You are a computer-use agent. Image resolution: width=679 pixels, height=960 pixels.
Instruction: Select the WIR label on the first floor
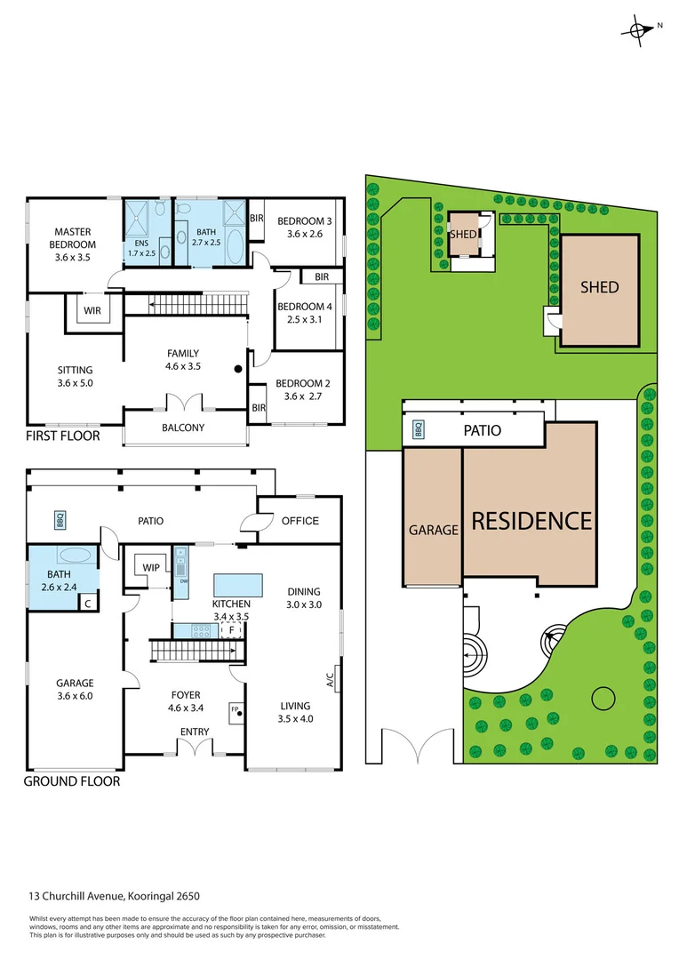coord(92,311)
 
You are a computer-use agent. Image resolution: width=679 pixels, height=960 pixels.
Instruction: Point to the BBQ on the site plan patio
coord(419,430)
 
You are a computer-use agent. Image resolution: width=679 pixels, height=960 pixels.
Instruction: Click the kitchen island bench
coord(237,585)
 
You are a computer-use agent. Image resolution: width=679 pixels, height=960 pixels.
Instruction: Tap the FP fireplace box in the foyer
coord(236,709)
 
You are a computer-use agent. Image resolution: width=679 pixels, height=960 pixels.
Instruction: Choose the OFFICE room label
coord(300,521)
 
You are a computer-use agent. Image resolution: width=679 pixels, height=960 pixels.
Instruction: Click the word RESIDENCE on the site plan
coord(531,521)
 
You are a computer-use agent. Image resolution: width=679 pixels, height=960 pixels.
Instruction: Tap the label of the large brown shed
coord(599,287)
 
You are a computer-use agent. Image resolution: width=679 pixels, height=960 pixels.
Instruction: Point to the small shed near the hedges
coord(463,235)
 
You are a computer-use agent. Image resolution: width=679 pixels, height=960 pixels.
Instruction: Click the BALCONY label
coord(183,428)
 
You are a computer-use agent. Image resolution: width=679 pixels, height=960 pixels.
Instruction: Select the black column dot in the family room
coord(238,369)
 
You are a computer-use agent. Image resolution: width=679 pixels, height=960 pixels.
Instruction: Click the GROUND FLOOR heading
coord(71,781)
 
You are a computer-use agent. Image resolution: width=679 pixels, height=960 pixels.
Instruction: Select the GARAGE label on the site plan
coord(433,530)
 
